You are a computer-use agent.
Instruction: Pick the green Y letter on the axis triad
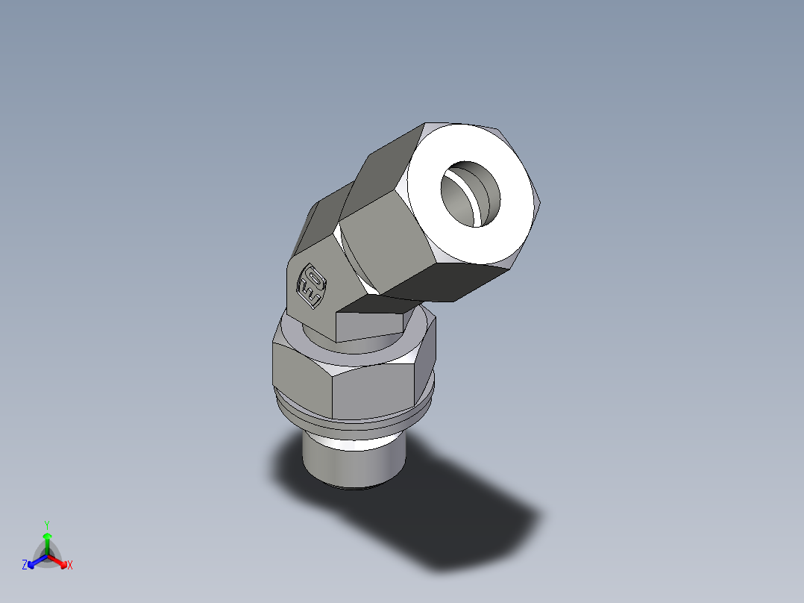[x=46, y=524]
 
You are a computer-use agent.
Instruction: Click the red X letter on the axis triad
[x=70, y=566]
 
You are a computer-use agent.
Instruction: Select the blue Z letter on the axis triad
[x=25, y=565]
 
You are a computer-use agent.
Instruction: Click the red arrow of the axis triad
[x=59, y=560]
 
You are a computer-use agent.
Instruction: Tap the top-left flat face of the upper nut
[x=388, y=160]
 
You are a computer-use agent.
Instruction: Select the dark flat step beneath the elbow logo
[x=369, y=325]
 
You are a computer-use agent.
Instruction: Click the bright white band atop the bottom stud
[x=351, y=443]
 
